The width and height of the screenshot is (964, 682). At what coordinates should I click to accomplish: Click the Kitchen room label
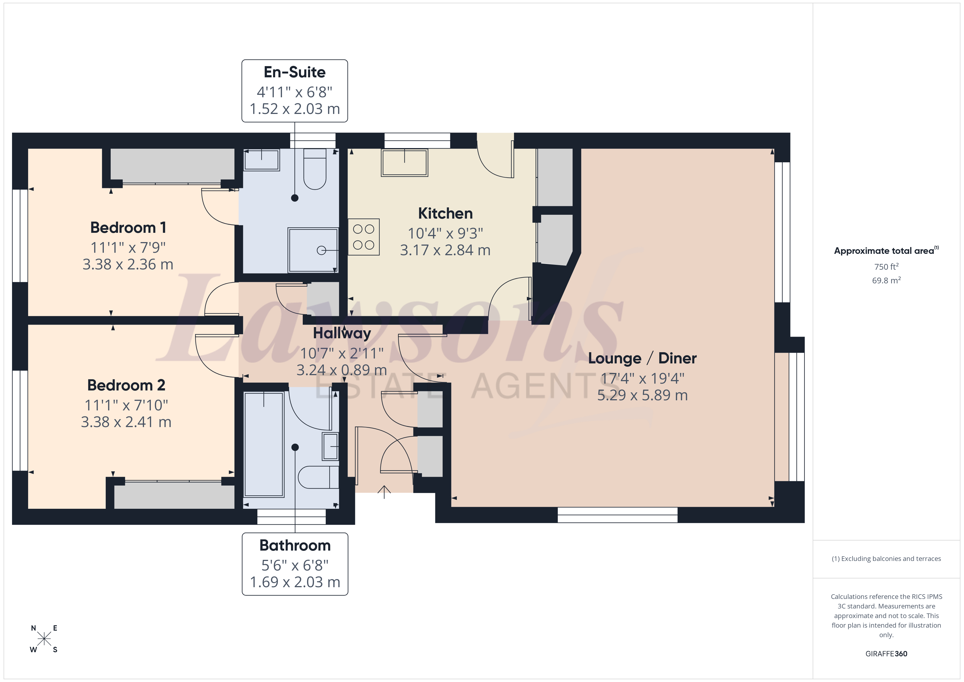click(445, 213)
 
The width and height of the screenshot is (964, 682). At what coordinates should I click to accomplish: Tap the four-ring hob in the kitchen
click(364, 237)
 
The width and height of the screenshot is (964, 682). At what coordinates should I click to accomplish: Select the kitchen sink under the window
click(404, 163)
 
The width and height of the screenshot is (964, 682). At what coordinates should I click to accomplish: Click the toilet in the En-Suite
click(315, 170)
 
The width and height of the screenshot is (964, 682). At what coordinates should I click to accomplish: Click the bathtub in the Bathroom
click(264, 444)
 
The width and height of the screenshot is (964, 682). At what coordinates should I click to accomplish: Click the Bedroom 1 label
click(128, 228)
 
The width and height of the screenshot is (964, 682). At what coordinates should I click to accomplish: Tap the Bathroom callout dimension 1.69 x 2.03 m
click(295, 582)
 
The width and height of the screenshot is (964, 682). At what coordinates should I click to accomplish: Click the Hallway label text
click(342, 333)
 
